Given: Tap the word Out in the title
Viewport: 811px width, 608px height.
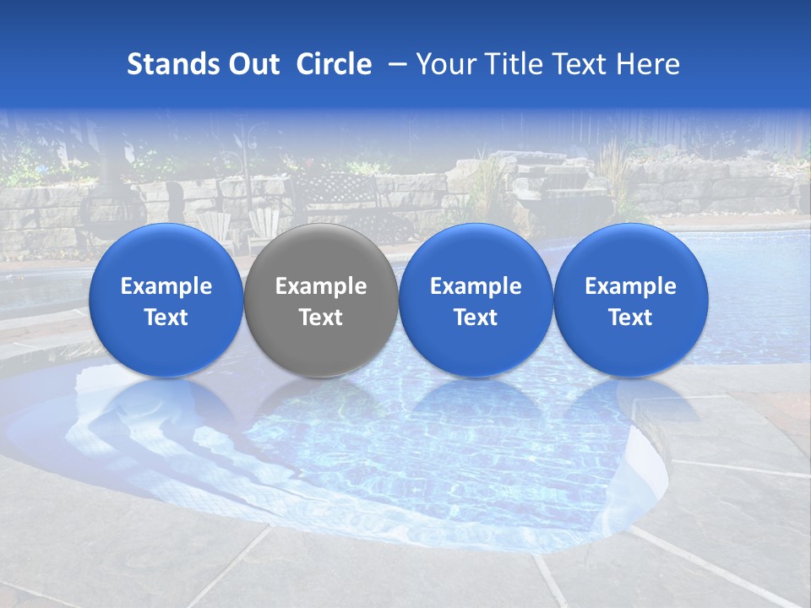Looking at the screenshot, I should point(252,64).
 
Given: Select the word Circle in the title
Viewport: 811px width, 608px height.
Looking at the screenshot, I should point(334,64).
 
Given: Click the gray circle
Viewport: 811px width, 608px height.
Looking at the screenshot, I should point(321,301).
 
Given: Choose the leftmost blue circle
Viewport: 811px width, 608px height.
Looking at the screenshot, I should point(166,301).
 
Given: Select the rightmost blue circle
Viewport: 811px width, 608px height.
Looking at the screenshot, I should point(630,301).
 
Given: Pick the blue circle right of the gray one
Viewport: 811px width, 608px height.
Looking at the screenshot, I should point(476,301).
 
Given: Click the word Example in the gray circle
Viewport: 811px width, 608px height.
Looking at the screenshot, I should point(321,286).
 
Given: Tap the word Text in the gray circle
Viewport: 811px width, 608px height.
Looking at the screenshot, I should point(321,318).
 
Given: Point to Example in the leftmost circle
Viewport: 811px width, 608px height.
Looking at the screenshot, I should point(166,286).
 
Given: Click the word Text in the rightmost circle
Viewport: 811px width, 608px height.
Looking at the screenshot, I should point(630,318).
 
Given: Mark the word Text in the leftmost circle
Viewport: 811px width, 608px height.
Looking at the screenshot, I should point(166,318).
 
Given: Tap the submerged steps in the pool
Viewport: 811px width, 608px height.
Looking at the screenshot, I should point(161,439).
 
